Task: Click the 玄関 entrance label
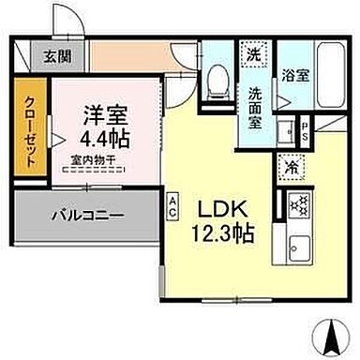tap(52, 55)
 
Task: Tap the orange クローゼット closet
tap(31, 132)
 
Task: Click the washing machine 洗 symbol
tap(253, 54)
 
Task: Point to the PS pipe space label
tap(306, 129)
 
